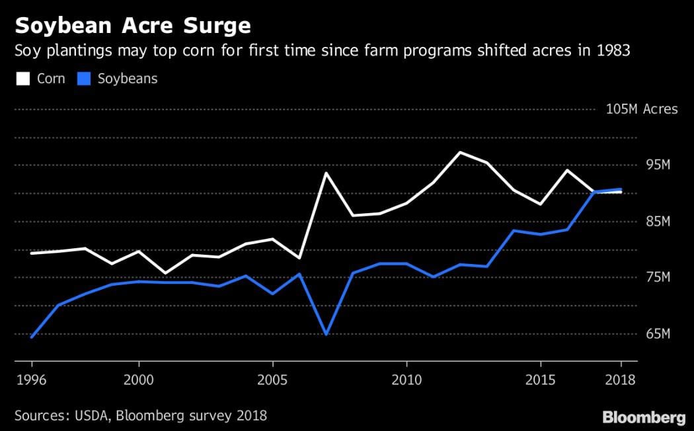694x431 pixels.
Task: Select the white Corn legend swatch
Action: (22, 79)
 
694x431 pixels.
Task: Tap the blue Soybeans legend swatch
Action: (83, 79)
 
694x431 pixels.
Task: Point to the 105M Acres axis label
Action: (641, 109)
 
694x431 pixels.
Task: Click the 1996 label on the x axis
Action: (32, 380)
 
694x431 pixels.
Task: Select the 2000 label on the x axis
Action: (138, 380)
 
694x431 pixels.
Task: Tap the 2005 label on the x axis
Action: (272, 380)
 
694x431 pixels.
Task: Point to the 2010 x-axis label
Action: (406, 380)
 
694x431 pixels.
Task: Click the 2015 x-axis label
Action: (539, 380)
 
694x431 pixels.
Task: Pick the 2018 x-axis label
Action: (620, 380)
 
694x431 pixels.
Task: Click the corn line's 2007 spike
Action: (326, 173)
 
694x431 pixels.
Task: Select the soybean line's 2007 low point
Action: (326, 334)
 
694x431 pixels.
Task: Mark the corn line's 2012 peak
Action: (460, 152)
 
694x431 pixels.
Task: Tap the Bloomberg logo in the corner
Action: (643, 417)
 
